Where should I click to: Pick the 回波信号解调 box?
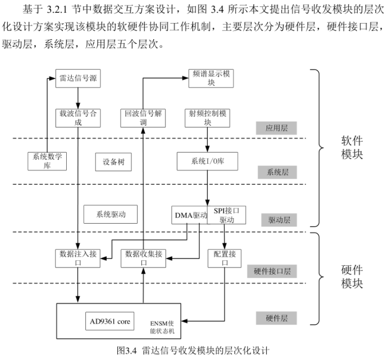click(x=143, y=117)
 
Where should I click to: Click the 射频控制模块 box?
click(x=207, y=117)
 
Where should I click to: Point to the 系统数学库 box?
click(x=47, y=161)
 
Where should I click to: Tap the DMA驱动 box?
click(x=190, y=215)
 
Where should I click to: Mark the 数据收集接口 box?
click(x=144, y=257)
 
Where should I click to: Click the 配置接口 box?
click(x=225, y=257)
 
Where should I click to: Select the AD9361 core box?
click(x=109, y=322)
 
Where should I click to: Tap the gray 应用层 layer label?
click(x=276, y=128)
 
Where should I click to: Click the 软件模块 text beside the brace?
click(x=352, y=147)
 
